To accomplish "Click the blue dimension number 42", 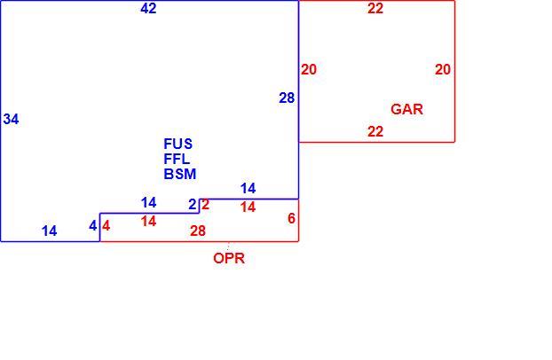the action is pyautogui.click(x=148, y=8).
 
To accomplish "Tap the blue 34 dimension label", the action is pyautogui.click(x=11, y=120).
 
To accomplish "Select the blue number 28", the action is pyautogui.click(x=287, y=98).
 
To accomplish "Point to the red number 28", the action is pyautogui.click(x=198, y=231).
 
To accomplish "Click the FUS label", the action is pyautogui.click(x=178, y=144).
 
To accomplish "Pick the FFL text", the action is pyautogui.click(x=177, y=159).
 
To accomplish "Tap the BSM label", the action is pyautogui.click(x=180, y=174).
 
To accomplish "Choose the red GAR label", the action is pyautogui.click(x=406, y=109).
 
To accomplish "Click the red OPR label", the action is pyautogui.click(x=229, y=258).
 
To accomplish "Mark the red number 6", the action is pyautogui.click(x=291, y=218).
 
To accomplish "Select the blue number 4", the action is pyautogui.click(x=92, y=225).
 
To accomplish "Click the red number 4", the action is pyautogui.click(x=106, y=225).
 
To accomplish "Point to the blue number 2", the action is pyautogui.click(x=193, y=204).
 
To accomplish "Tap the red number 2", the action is pyautogui.click(x=205, y=204).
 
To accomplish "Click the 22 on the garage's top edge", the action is pyautogui.click(x=375, y=8).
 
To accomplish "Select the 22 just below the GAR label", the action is pyautogui.click(x=375, y=131).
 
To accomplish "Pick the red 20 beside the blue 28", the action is pyautogui.click(x=308, y=70).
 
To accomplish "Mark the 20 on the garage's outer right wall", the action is pyautogui.click(x=443, y=70).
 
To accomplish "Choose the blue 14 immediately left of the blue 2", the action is pyautogui.click(x=148, y=203).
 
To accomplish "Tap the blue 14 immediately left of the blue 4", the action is pyautogui.click(x=49, y=231).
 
